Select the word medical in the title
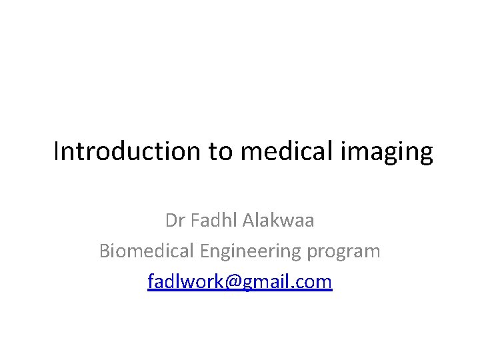tap(288, 152)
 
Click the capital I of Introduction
tap(56, 152)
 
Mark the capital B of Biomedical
tap(104, 251)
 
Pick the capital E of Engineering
tap(204, 251)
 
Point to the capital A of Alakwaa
tap(247, 221)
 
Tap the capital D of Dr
tap(171, 221)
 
